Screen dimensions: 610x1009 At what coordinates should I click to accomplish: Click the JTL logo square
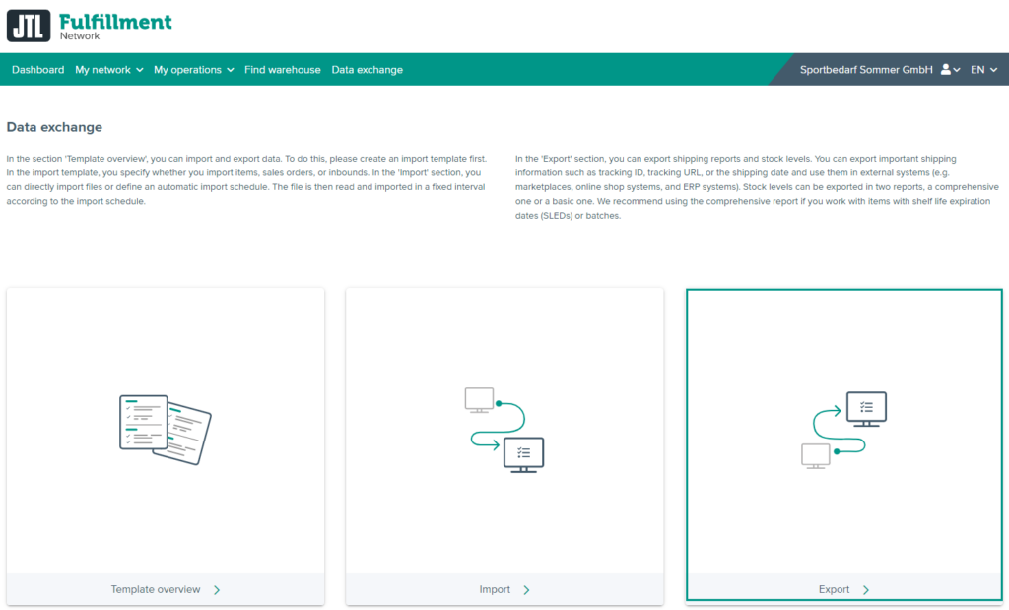point(28,26)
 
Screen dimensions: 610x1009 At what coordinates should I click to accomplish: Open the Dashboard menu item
point(37,70)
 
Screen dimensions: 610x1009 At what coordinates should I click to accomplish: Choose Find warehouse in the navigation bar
point(283,70)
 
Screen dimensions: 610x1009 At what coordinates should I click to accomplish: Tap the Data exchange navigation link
point(367,70)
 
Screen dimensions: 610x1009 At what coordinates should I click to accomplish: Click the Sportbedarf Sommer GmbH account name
point(865,70)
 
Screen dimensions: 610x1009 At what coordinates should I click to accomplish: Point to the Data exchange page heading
point(54,127)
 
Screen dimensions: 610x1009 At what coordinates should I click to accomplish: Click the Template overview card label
point(156,589)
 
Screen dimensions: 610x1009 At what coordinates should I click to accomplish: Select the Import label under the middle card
point(495,589)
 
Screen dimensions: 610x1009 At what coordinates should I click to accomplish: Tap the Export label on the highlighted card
point(834,589)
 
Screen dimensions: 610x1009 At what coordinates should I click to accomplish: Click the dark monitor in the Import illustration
point(523,454)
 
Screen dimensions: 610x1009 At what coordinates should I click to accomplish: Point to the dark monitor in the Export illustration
point(866,408)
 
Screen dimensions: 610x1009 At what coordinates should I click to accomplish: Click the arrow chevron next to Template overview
point(217,589)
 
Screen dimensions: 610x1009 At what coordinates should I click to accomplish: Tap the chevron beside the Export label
point(866,589)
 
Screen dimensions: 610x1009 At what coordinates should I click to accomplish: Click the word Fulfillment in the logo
point(115,21)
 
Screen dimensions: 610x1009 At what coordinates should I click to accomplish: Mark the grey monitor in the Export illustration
point(816,454)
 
